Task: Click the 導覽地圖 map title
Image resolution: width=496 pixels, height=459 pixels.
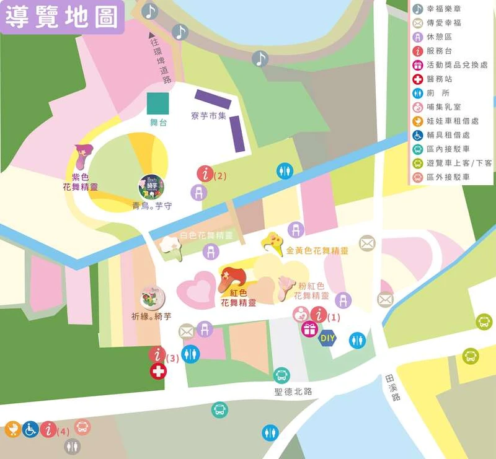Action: pos(62,17)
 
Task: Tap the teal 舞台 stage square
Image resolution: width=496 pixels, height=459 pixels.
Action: pos(157,103)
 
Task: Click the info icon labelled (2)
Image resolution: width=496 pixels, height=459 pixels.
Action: pos(205,174)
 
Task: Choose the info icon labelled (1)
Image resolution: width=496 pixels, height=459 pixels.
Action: pos(319,315)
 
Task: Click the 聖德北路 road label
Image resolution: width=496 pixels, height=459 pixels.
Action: pos(293,391)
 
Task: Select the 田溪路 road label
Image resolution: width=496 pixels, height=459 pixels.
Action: pos(392,388)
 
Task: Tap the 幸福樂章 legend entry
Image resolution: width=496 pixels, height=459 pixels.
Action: pos(444,9)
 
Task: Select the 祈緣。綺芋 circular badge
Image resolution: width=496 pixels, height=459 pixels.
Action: pos(151,298)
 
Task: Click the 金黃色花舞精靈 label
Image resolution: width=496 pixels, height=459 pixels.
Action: pos(317,251)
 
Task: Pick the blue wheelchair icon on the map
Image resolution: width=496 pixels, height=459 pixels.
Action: pos(30,429)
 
